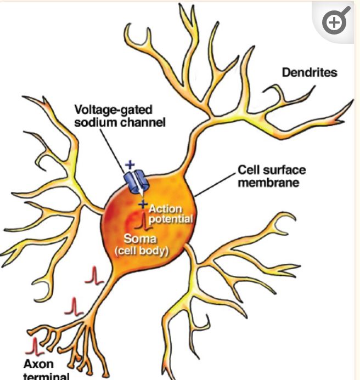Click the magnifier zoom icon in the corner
[x=335, y=22]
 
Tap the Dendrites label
[x=309, y=72]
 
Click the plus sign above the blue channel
[x=130, y=164]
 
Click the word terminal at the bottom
[x=47, y=376]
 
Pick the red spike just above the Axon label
[x=36, y=346]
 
